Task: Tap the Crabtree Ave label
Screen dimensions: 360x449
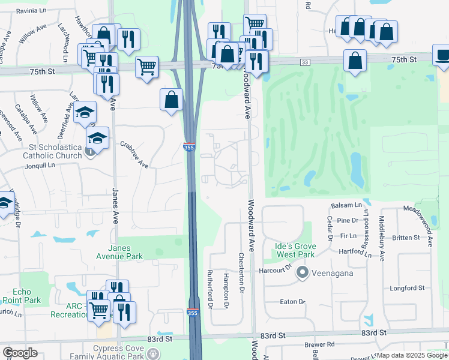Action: (x=134, y=154)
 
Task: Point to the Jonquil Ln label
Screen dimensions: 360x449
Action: (x=40, y=164)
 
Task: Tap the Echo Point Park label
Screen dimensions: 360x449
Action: (x=21, y=296)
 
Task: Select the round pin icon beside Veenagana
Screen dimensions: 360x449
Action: (x=302, y=274)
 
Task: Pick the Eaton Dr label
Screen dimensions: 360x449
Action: (x=292, y=301)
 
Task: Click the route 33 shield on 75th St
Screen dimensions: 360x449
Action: (x=306, y=62)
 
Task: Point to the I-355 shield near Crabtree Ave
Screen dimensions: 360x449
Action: (x=188, y=146)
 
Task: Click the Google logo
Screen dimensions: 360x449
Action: (x=20, y=353)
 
